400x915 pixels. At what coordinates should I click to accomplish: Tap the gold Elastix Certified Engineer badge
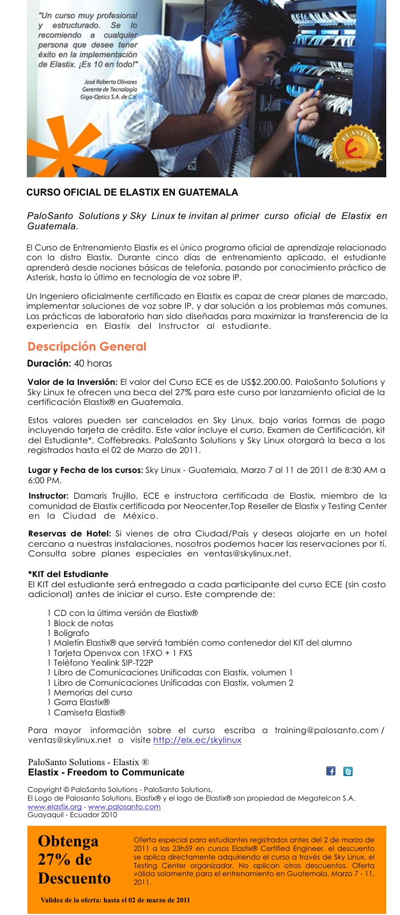coord(357,150)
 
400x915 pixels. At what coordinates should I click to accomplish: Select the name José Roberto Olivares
coord(110,82)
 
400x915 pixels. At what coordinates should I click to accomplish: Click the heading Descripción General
coord(87,347)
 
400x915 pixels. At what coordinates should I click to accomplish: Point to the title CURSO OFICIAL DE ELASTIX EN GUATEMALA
coord(132,193)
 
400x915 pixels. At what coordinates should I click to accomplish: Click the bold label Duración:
coord(49,363)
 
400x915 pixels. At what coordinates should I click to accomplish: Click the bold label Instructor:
coord(49,496)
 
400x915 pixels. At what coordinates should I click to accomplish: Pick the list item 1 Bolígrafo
coord(68,633)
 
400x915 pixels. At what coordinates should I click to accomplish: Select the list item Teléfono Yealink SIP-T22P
coord(103,663)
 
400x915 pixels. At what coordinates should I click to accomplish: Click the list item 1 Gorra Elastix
coord(78,702)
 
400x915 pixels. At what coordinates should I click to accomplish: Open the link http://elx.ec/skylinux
coord(197,740)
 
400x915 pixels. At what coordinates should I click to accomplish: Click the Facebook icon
coord(331,771)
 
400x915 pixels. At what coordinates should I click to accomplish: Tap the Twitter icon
coord(347,771)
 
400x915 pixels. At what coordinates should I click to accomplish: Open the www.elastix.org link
coord(54,806)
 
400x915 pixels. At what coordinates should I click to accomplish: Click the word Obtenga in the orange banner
coord(68,841)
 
